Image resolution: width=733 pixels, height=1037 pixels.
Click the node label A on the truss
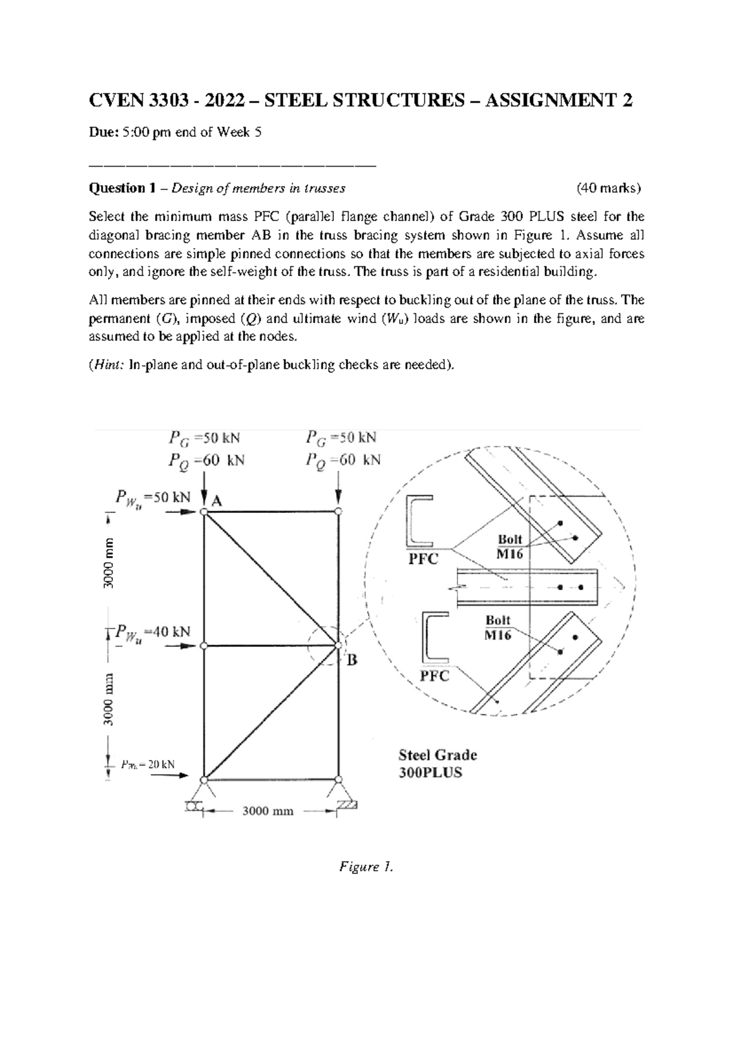click(x=217, y=501)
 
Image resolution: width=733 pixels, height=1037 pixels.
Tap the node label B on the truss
click(x=352, y=660)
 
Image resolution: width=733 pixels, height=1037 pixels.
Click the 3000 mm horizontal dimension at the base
click(x=268, y=811)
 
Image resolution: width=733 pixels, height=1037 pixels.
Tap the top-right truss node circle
click(x=338, y=512)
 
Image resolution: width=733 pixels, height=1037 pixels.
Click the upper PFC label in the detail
click(x=423, y=559)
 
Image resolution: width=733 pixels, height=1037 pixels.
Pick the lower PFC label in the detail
click(x=434, y=676)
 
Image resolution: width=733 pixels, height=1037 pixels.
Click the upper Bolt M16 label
click(x=510, y=546)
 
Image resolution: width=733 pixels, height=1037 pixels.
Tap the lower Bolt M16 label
click(x=498, y=627)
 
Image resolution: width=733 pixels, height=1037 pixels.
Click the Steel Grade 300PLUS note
click(x=437, y=763)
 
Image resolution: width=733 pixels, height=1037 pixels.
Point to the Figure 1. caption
click(x=366, y=867)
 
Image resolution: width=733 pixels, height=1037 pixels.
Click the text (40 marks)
click(x=609, y=189)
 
